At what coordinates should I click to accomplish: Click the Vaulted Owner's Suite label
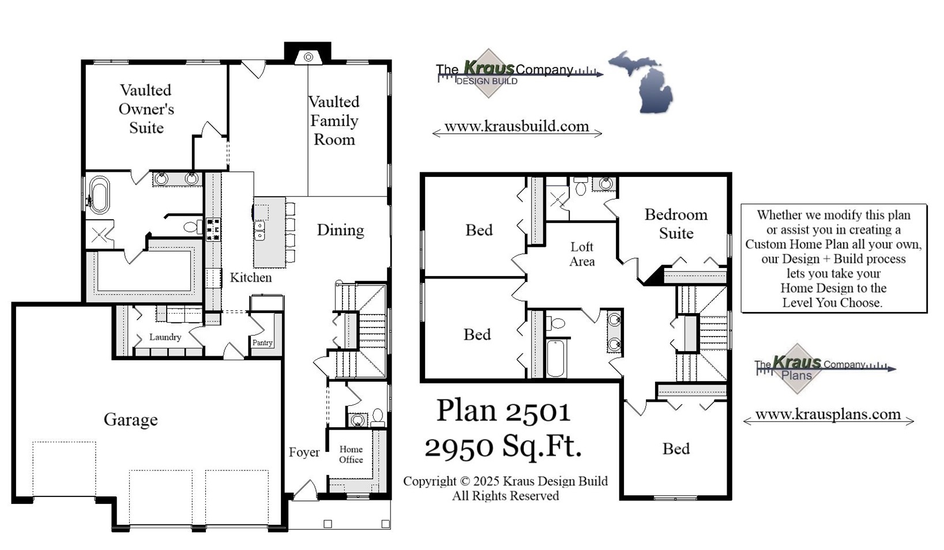point(146,109)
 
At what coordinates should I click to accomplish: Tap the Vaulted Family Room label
point(334,120)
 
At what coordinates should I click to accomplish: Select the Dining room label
point(340,230)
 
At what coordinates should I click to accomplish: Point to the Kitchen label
point(250,277)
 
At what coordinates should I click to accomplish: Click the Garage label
point(130,419)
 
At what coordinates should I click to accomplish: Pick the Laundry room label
point(165,337)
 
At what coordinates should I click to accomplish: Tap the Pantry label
point(262,342)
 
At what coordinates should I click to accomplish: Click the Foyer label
point(304,452)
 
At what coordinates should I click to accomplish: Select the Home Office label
point(351,454)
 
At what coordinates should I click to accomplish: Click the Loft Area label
point(582,254)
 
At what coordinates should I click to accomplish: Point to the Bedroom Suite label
point(676,224)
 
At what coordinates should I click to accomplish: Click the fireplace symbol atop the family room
point(309,57)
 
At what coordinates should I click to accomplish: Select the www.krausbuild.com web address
point(517,126)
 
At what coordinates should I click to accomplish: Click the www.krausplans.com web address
point(828,414)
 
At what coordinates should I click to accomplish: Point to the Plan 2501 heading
point(503,410)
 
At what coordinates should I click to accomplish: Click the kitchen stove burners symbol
point(213,229)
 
